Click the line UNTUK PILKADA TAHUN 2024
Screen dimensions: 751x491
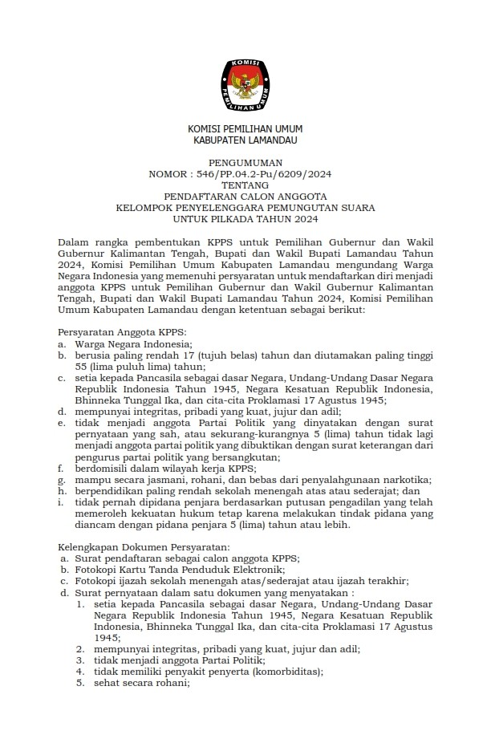tap(245, 217)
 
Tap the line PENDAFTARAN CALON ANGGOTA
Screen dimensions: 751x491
tap(245, 195)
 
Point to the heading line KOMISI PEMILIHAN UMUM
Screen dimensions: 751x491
tap(245, 129)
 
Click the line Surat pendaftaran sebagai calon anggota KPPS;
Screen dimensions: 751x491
tap(188, 558)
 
